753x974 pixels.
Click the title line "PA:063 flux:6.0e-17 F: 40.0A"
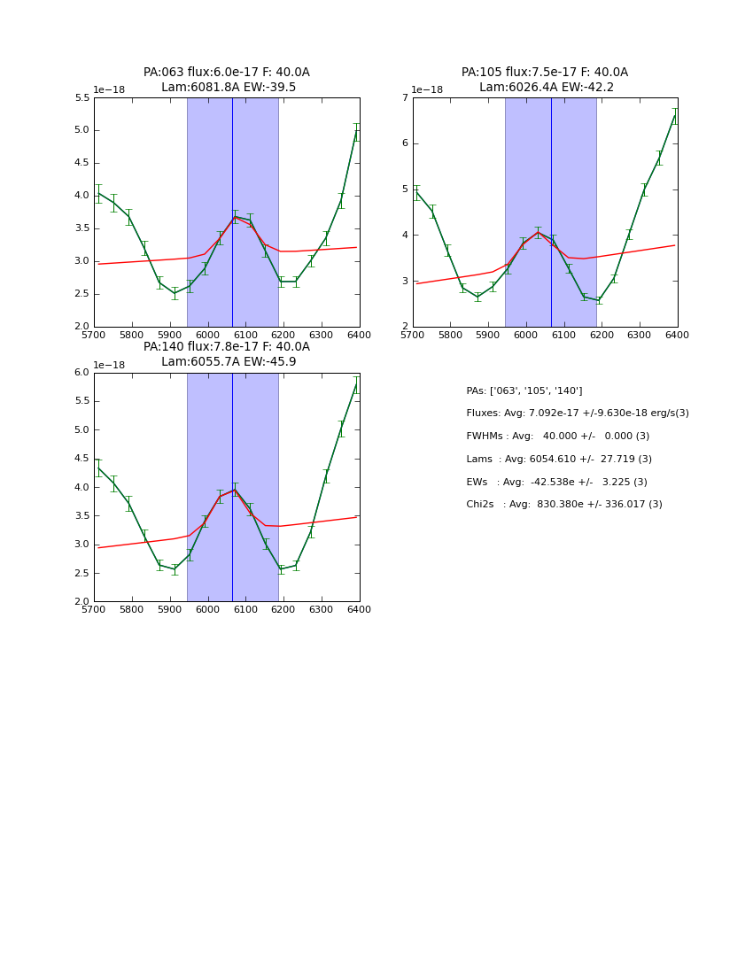pos(227,73)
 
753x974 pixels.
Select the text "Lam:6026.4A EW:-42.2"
pos(546,88)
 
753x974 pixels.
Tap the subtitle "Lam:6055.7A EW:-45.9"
pos(228,362)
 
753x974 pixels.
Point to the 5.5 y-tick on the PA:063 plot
pos(82,97)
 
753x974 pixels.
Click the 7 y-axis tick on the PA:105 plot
pos(404,97)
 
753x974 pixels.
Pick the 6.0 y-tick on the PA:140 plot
pos(82,373)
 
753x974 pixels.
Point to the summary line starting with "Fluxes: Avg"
pos(577,414)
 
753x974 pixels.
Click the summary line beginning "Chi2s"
pos(563,505)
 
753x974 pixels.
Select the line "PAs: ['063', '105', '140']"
pos(524,390)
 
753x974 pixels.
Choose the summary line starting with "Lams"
pos(558,459)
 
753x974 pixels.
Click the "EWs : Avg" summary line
pos(556,482)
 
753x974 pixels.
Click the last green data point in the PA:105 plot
pos(675,116)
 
